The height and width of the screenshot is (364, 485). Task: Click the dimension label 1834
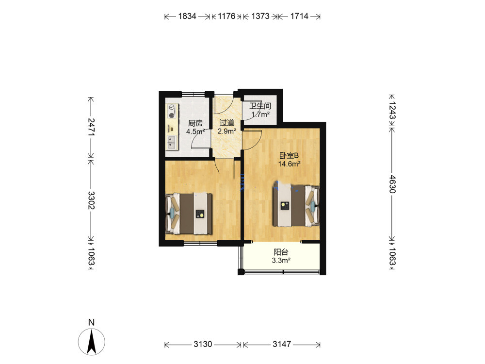(187, 16)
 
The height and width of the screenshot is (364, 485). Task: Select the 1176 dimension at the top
(226, 16)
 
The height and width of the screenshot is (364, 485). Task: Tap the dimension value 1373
(260, 16)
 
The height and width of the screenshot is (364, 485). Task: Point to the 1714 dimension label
(299, 16)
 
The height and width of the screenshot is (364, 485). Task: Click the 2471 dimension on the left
(91, 127)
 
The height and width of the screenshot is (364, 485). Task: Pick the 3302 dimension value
(91, 200)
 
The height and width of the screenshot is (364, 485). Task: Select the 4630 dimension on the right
(392, 184)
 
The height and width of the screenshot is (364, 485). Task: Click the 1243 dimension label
(392, 110)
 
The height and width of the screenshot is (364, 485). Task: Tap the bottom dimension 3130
(203, 344)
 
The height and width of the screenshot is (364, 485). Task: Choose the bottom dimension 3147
(282, 344)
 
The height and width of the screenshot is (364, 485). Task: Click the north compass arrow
(92, 342)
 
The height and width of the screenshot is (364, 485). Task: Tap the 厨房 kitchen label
(195, 123)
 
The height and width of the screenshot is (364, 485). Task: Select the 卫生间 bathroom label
(260, 106)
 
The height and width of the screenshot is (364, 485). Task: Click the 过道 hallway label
(226, 123)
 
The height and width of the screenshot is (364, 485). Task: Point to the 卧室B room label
(289, 156)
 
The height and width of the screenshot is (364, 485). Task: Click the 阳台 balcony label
(281, 252)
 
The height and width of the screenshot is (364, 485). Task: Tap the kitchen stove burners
(172, 112)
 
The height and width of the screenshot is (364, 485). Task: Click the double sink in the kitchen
(171, 142)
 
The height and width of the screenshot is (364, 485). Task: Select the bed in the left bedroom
(189, 214)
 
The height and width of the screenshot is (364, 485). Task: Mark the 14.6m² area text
(290, 164)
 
